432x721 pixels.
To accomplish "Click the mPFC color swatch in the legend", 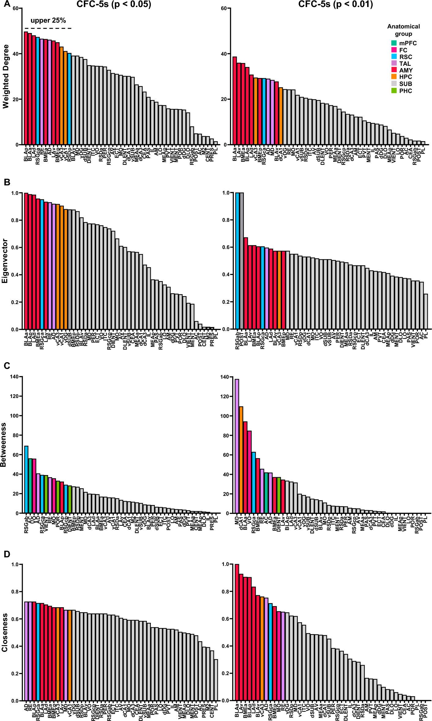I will click(x=394, y=43).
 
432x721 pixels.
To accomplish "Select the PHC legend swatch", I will click(x=394, y=91).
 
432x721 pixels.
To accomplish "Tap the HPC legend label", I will click(x=405, y=77).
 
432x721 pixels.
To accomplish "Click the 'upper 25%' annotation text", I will click(x=48, y=20).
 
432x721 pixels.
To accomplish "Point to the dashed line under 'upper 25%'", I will click(x=48, y=28).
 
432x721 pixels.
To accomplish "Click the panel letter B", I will click(x=7, y=182).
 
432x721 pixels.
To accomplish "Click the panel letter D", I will click(x=7, y=554).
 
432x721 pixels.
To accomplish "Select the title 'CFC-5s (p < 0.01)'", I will click(x=335, y=4).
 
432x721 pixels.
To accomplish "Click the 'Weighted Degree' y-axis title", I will click(x=6, y=76).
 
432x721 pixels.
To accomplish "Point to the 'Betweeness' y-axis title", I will click(x=4, y=445).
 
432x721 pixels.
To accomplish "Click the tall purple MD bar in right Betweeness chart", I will click(x=237, y=446).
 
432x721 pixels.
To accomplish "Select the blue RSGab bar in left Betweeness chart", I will click(x=26, y=480).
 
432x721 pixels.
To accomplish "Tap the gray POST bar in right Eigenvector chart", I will click(x=241, y=261).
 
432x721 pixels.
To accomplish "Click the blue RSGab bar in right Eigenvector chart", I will click(x=237, y=261).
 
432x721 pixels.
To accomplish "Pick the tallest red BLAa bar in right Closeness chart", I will click(x=237, y=632).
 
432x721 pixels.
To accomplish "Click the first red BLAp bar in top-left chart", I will click(x=26, y=88).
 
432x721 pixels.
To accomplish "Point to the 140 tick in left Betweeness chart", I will click(x=14, y=377).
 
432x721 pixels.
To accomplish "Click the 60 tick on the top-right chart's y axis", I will click(x=224, y=8).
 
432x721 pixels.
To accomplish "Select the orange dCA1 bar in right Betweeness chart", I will click(x=241, y=460).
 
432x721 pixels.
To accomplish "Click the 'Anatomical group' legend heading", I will click(x=403, y=30).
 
